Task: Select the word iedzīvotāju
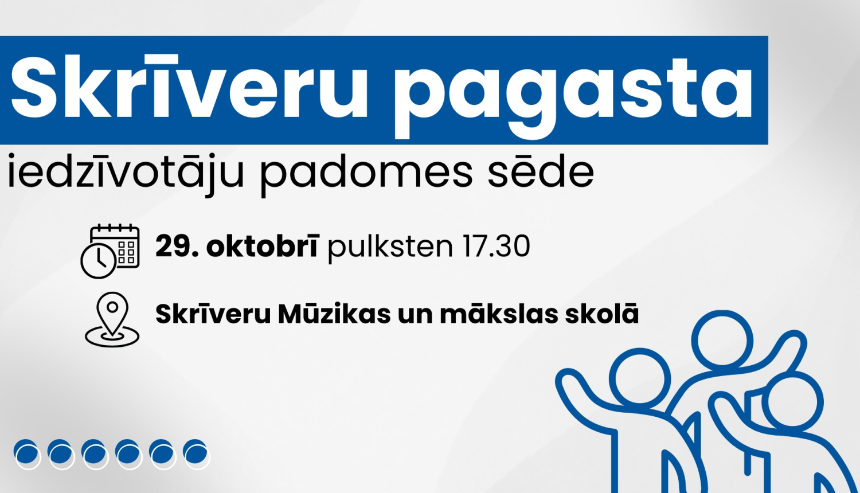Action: coord(126,172)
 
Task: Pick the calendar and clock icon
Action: coord(110,251)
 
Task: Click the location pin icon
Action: coord(112,319)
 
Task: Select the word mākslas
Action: coord(499,314)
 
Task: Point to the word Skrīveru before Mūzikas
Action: coord(213,314)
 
